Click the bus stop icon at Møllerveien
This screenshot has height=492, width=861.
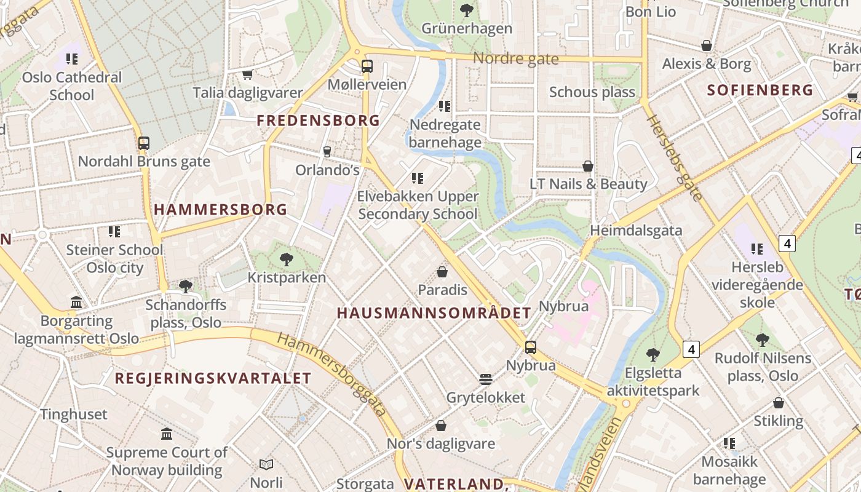point(367,66)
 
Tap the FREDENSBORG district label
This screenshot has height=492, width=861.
point(319,121)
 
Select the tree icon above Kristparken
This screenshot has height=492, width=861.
point(286,259)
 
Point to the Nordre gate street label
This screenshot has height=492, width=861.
point(515,59)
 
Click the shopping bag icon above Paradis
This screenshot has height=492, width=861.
point(442,271)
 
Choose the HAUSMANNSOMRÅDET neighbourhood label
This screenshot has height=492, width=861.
point(434,313)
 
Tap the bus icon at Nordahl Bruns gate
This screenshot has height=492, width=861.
point(144,143)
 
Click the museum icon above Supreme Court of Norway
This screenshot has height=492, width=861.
point(167,434)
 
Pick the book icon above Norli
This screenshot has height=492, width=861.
point(266,464)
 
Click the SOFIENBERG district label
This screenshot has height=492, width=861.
point(760,90)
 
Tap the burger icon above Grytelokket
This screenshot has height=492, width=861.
point(486,379)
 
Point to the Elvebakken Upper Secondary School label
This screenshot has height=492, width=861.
point(418,205)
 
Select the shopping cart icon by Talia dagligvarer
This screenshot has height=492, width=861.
point(247,75)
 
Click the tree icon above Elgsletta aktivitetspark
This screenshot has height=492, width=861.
point(653,355)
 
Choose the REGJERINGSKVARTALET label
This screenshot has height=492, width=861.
point(213,378)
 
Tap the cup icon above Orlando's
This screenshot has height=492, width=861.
point(327,151)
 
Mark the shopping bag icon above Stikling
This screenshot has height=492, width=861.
point(779,403)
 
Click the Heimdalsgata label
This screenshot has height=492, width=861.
point(636,231)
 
